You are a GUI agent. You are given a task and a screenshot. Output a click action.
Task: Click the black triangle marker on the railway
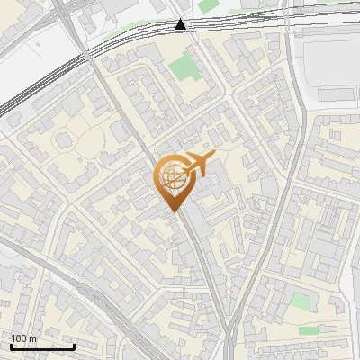tap(181, 24)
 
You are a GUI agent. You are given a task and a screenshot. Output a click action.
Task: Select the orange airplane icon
tap(197, 164)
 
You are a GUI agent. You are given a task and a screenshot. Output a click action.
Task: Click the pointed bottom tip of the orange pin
tap(173, 211)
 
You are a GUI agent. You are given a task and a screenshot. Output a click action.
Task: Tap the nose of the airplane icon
tap(213, 155)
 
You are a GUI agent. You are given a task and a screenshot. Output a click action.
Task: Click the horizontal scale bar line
tap(41, 346)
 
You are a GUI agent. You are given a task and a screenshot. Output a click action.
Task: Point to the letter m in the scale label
tap(33, 338)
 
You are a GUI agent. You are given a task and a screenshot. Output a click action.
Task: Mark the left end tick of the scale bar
tap(10, 345)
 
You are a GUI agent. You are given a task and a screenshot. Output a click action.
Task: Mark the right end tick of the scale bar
tap(74, 345)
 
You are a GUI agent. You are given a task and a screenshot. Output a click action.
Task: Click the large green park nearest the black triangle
tap(184, 66)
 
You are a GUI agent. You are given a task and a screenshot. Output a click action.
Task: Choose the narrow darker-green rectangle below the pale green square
tap(310, 330)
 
